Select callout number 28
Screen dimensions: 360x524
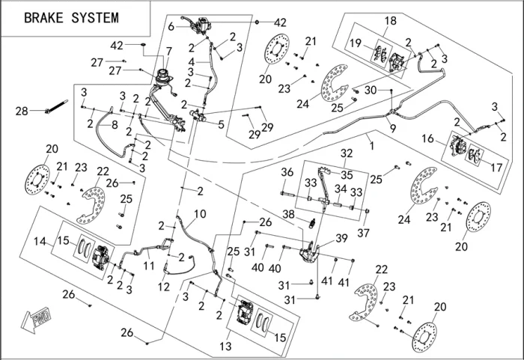pyautogui.click(x=21, y=112)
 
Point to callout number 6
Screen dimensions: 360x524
pyautogui.click(x=171, y=26)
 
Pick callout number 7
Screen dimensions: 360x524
pyautogui.click(x=168, y=51)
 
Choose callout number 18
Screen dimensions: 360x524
pyautogui.click(x=391, y=20)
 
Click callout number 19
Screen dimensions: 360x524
pyautogui.click(x=357, y=43)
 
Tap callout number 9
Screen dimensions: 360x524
pyautogui.click(x=393, y=128)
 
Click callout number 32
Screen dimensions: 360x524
pyautogui.click(x=347, y=153)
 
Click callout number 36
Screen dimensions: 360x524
pyautogui.click(x=287, y=172)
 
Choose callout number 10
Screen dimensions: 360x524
pyautogui.click(x=200, y=213)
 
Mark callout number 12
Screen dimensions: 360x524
pyautogui.click(x=164, y=287)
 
